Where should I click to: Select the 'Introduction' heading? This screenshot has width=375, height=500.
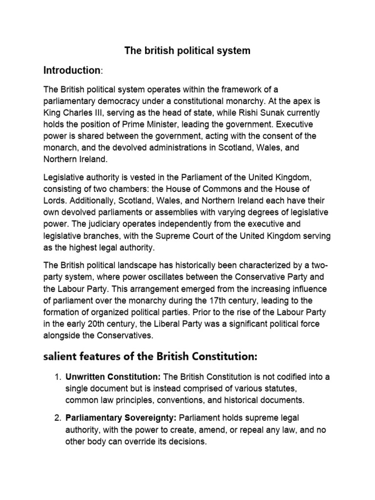click(72, 70)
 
